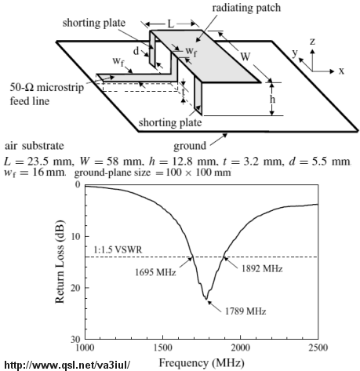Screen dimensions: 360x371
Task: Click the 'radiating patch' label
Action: click(246, 8)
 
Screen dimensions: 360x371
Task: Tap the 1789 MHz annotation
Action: click(245, 311)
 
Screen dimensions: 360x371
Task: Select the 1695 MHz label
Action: click(155, 272)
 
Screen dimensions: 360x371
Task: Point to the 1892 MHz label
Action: click(262, 268)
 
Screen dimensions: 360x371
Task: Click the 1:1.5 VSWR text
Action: click(118, 250)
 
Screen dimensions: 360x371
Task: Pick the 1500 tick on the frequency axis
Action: click(162, 347)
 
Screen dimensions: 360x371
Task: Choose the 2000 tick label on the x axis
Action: click(240, 347)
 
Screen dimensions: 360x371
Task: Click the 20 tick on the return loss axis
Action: click(76, 288)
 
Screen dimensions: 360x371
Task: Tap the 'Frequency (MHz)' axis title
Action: click(202, 363)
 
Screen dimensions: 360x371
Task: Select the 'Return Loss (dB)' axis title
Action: click(60, 262)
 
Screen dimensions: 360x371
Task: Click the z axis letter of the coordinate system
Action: click(312, 42)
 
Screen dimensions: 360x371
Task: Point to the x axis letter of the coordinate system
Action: click(341, 71)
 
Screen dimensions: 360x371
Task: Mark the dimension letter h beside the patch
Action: click(272, 99)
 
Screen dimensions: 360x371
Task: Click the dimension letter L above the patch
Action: click(170, 24)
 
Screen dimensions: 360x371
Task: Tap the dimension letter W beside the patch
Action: click(245, 56)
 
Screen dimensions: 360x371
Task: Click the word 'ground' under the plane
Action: click(190, 146)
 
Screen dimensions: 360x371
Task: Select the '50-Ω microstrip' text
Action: click(47, 87)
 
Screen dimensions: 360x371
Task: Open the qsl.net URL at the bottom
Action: click(67, 365)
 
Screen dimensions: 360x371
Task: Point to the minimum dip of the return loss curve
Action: click(206, 299)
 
